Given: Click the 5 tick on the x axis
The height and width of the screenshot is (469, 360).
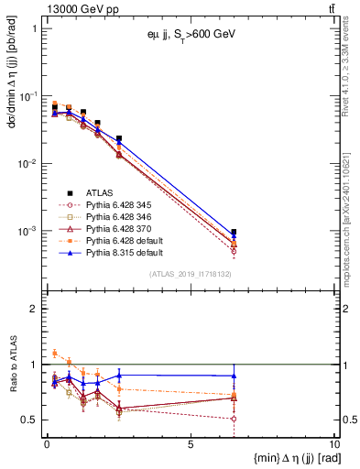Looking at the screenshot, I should (x=190, y=444).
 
